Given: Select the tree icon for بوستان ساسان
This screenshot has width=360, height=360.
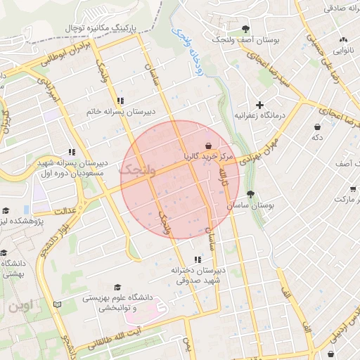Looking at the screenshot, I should coord(250,194).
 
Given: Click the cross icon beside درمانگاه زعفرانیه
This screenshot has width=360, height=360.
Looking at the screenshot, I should coord(259,105).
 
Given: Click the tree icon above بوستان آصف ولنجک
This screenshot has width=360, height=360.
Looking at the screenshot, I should coord(245,29).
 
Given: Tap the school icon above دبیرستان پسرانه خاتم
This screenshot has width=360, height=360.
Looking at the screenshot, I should coord(121,101).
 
